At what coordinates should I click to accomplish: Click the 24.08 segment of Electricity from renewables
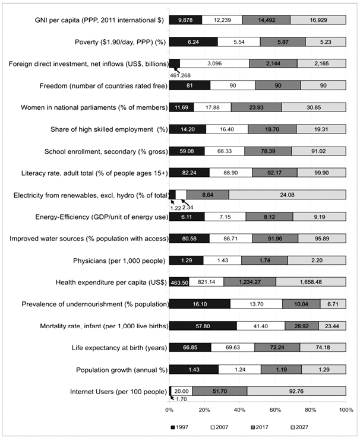point(287,194)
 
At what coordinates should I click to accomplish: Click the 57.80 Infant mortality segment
point(203,325)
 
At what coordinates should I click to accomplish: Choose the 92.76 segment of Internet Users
point(296,391)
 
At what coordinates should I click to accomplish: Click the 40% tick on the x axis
point(240,410)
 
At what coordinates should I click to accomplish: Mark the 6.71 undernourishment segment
point(333,304)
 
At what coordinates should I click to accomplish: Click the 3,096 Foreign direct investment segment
point(214,64)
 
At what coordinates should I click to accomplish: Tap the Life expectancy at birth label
point(122,347)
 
